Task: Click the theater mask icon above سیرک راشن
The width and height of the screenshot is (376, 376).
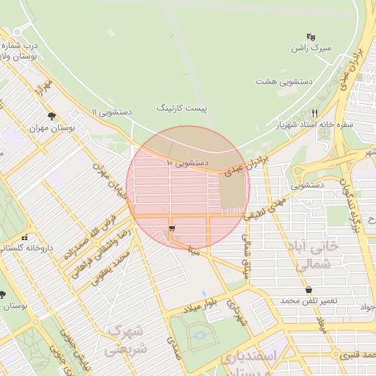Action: coord(311,37)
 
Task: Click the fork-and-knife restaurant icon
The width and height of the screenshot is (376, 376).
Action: coord(314,113)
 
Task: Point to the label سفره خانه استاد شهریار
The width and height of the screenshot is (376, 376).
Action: coord(316,125)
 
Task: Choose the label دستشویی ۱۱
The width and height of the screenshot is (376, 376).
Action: coord(112,112)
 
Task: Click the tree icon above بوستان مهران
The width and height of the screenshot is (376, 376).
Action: coord(51,116)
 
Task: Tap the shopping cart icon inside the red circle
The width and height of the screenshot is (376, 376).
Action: coord(172,230)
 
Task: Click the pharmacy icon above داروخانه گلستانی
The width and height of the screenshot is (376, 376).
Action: coord(26,237)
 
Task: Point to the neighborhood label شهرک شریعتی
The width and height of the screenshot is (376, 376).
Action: coord(125,340)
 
